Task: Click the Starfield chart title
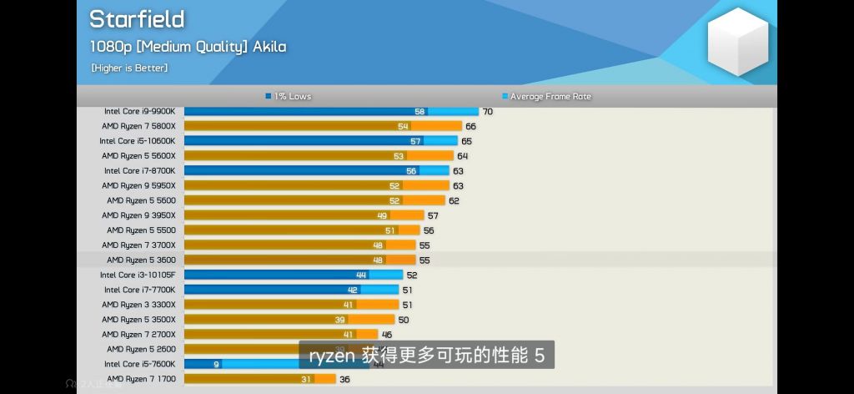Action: click(137, 19)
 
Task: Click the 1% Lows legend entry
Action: click(289, 96)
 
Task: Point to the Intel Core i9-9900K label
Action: click(140, 111)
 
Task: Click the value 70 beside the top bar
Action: click(488, 111)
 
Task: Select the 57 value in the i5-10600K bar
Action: click(415, 141)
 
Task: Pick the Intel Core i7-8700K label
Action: click(140, 170)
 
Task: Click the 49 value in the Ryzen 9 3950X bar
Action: click(381, 215)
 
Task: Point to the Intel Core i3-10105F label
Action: click(138, 275)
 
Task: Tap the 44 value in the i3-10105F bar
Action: click(361, 275)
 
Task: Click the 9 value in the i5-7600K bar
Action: click(216, 364)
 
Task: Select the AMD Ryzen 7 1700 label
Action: click(141, 379)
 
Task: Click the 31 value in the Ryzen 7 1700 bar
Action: click(307, 379)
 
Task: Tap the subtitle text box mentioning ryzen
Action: click(426, 356)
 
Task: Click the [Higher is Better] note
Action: click(129, 68)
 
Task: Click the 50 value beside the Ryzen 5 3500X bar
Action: click(404, 320)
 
